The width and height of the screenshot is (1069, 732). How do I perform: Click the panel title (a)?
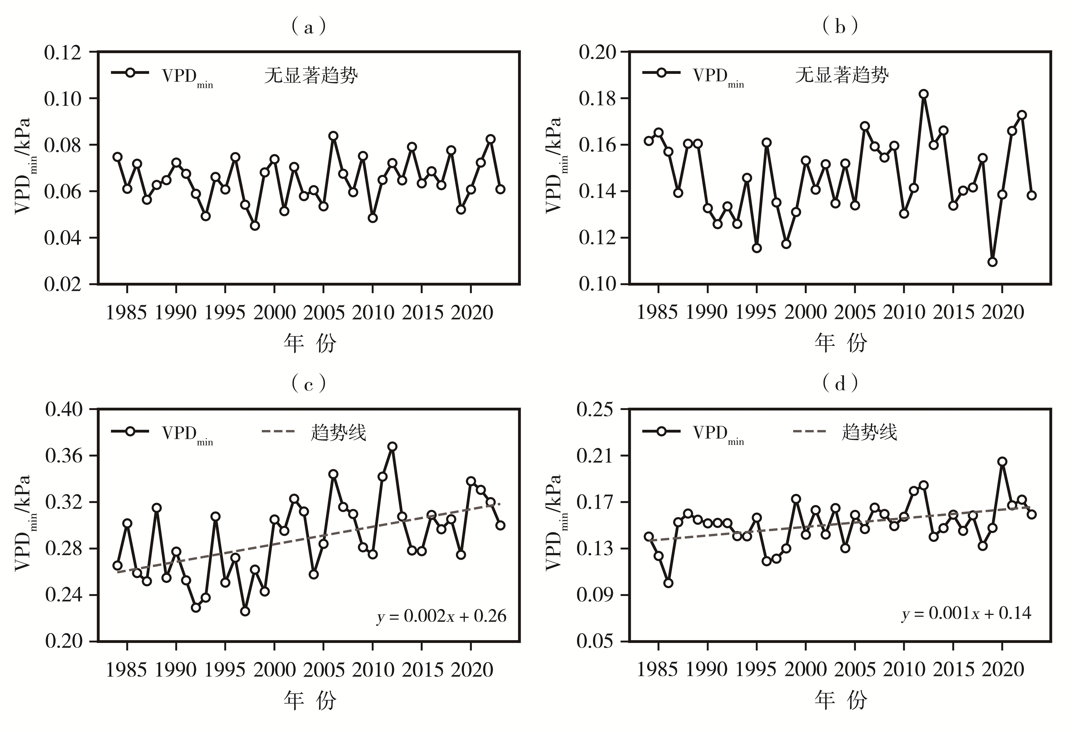(x=309, y=28)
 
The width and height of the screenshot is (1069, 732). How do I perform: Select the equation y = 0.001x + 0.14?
(x=966, y=613)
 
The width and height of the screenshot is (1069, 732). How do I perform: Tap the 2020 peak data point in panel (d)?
(x=1002, y=462)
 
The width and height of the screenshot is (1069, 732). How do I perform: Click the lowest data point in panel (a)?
(x=255, y=226)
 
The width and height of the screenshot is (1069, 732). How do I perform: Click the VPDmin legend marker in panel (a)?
(x=130, y=73)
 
